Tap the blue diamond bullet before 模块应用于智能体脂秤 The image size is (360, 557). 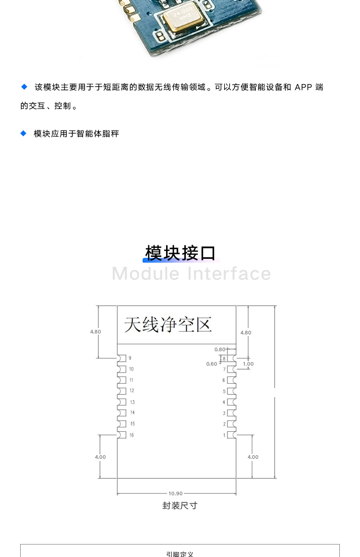24,133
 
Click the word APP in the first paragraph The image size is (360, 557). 303,87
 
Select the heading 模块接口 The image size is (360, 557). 180,253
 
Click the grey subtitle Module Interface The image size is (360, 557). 192,274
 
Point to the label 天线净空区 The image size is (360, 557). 168,324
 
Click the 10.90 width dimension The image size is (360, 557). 175,494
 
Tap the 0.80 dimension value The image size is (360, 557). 220,350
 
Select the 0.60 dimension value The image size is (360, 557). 212,364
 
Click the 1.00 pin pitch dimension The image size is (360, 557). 248,364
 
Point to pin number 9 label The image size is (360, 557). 130,358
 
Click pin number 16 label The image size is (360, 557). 132,435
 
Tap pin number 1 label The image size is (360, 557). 224,435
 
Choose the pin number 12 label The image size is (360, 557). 132,390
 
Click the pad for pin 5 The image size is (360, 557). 231,391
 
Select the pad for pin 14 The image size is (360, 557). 122,413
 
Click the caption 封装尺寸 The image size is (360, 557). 180,506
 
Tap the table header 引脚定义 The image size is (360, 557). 180,554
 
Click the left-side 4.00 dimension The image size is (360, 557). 100,457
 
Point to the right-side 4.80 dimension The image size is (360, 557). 246,333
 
